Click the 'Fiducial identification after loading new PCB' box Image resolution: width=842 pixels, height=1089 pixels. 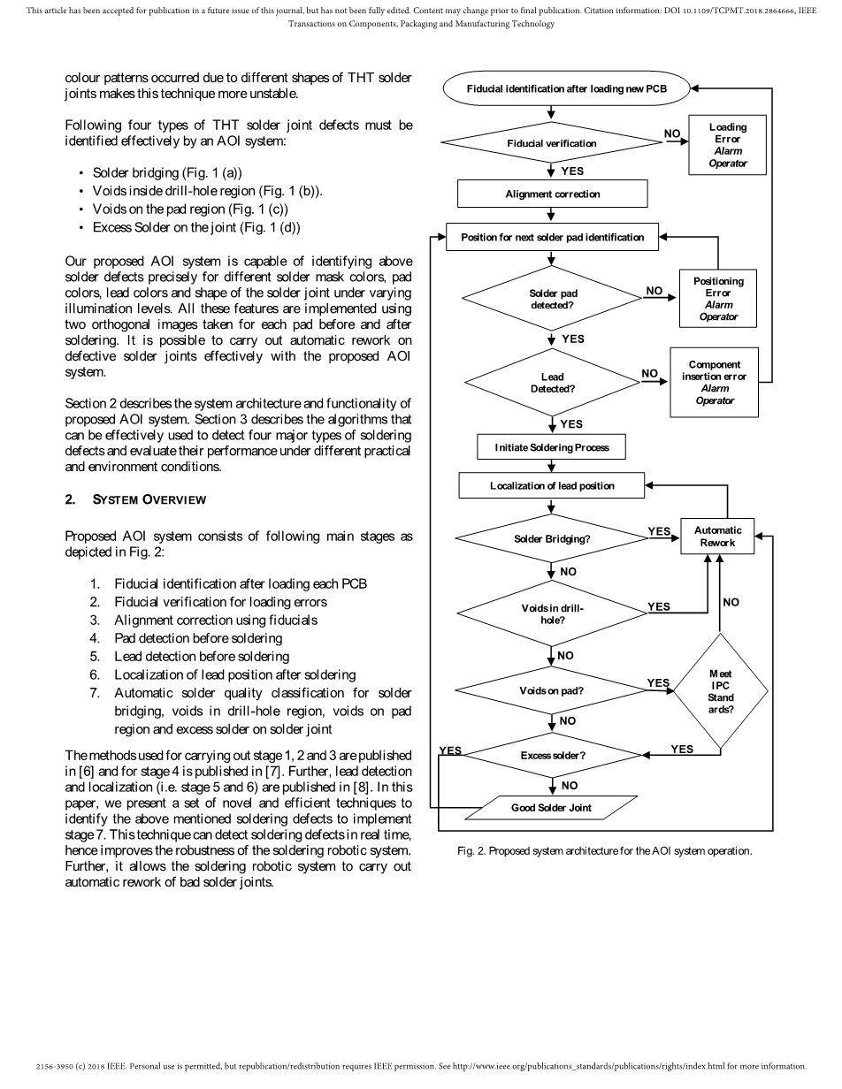(565, 89)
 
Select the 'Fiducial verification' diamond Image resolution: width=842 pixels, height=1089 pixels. (552, 143)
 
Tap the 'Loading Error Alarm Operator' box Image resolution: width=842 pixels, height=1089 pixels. (727, 145)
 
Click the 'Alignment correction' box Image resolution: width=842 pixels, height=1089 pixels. (552, 194)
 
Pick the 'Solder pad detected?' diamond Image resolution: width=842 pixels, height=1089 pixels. (552, 299)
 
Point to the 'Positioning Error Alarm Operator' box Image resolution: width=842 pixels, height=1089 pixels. (718, 299)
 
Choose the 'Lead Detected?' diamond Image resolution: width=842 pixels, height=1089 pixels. (552, 383)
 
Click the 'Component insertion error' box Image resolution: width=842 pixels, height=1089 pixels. (715, 383)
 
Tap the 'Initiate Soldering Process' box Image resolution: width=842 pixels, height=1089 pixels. (552, 447)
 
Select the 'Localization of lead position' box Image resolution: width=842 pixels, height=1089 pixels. (552, 485)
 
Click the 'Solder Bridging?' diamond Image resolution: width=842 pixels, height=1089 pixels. (552, 538)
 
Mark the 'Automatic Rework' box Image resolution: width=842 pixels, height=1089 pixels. (717, 537)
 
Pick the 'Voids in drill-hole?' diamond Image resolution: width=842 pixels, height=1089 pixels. (552, 613)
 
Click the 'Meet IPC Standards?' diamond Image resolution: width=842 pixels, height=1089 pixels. (720, 692)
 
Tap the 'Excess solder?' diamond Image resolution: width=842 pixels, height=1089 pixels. (552, 756)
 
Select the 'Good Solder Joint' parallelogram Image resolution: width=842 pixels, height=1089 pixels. (552, 808)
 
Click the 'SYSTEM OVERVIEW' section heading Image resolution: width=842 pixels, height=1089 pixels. (149, 500)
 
